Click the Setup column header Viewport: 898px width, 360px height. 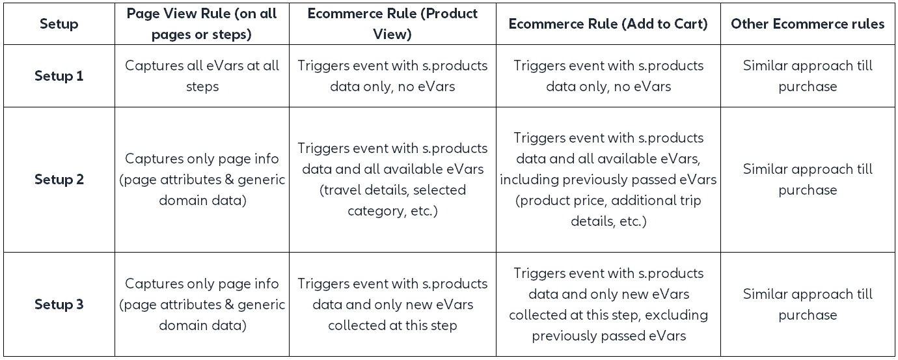click(x=59, y=23)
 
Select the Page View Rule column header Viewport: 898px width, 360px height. click(x=202, y=23)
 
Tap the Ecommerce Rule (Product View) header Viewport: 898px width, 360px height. click(x=392, y=23)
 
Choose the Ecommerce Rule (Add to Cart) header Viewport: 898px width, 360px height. click(x=608, y=23)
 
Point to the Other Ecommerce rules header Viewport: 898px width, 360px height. click(x=808, y=23)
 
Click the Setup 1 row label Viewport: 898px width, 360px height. click(x=59, y=76)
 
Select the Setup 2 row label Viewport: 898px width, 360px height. click(x=59, y=179)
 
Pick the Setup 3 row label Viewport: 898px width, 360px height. click(x=59, y=304)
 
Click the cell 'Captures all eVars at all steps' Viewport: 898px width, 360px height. click(x=202, y=76)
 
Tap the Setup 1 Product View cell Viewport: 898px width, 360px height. click(x=392, y=76)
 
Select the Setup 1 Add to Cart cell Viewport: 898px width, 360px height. click(x=608, y=76)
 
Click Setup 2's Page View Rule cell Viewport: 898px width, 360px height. click(x=202, y=179)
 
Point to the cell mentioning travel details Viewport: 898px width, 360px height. click(x=392, y=179)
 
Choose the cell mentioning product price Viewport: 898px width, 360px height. click(x=608, y=179)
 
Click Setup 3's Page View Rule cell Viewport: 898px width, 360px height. click(x=202, y=304)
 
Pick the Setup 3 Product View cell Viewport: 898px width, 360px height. click(x=392, y=304)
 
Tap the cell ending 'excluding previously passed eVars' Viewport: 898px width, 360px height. click(x=608, y=304)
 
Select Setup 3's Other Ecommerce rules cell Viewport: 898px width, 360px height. click(x=808, y=304)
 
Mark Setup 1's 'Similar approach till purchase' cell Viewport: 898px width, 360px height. click(x=808, y=76)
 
